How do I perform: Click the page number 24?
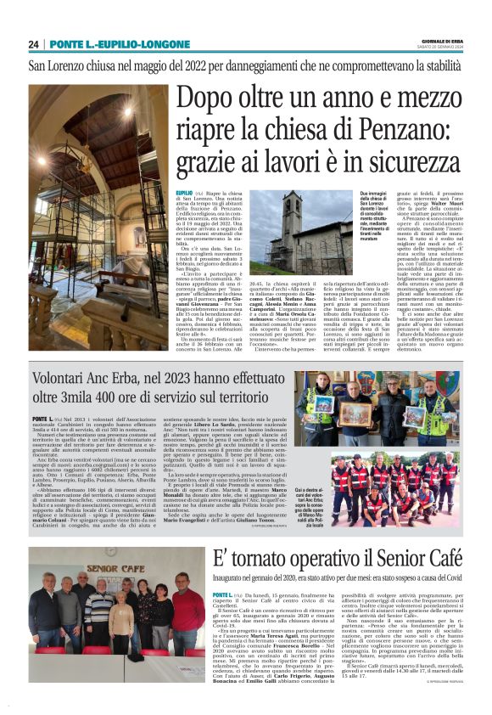click(x=33, y=44)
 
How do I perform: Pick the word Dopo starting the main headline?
click(x=206, y=99)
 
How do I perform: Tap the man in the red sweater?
click(x=187, y=612)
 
